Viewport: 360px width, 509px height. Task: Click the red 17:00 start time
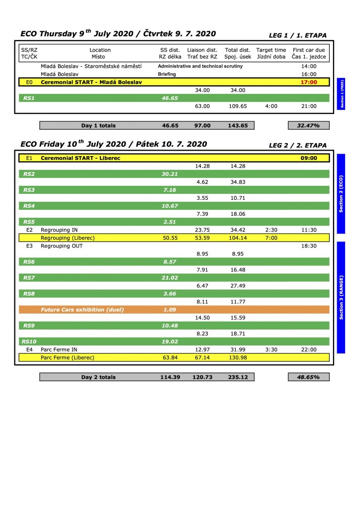309,82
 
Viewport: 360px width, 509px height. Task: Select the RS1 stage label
29,98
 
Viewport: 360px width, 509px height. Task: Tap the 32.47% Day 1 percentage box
308,126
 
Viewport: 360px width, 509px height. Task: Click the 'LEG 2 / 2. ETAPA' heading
297,146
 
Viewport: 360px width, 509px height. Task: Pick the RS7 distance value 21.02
170,278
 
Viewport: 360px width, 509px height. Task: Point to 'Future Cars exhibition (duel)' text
82,310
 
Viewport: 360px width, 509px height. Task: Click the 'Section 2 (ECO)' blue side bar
341,193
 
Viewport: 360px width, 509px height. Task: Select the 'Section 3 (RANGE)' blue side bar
341,297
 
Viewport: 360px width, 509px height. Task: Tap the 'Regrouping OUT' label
62,246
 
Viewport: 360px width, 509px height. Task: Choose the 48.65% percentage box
308,377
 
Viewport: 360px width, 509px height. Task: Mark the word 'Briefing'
167,74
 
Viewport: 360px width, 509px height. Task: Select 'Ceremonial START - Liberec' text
81,158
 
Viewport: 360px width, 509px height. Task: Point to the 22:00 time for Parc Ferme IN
309,349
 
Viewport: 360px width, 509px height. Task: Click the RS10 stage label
28,341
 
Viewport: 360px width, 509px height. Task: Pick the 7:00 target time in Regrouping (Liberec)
271,238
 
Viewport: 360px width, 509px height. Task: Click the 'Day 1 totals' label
98,126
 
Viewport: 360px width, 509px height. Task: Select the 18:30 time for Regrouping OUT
309,246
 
